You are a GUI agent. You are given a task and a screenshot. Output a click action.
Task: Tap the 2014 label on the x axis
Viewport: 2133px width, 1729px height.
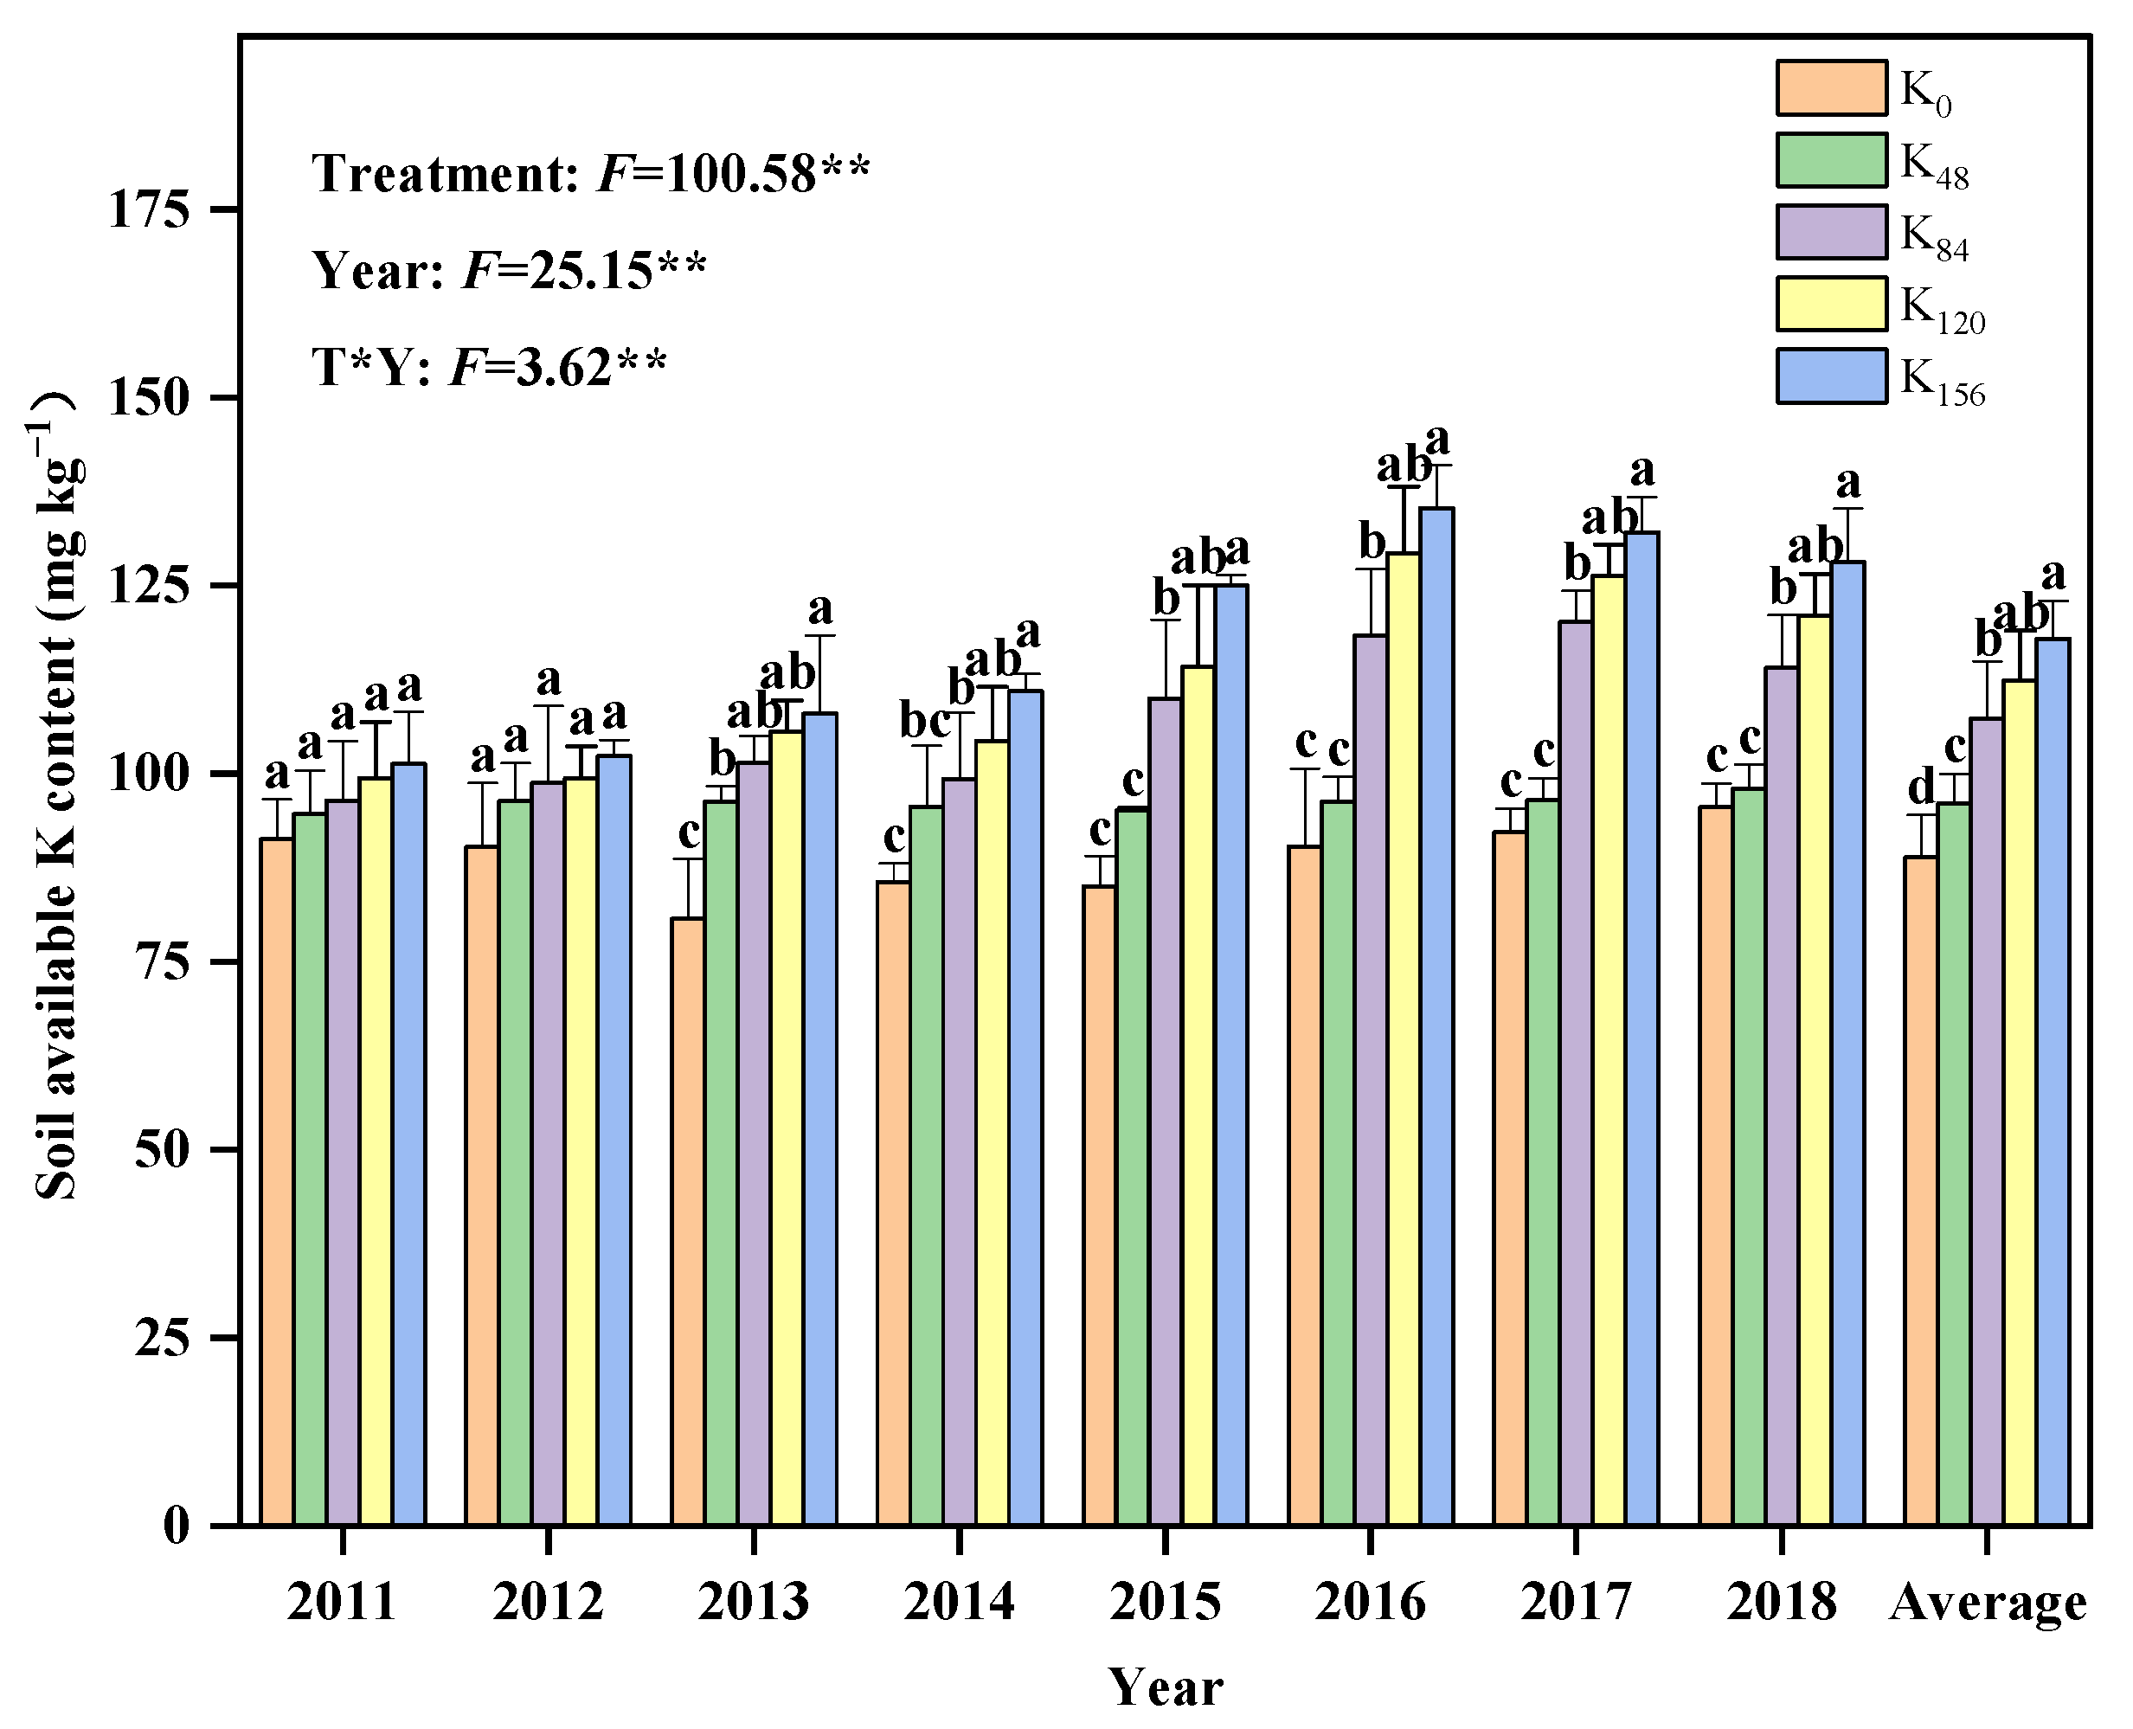(x=959, y=1603)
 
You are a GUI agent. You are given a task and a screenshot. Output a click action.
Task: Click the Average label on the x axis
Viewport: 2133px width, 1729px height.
(x=1988, y=1603)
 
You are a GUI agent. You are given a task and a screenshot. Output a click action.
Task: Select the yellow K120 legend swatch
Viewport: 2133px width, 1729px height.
(x=1831, y=304)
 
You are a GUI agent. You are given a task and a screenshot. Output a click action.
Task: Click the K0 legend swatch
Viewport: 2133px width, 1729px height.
(x=1831, y=87)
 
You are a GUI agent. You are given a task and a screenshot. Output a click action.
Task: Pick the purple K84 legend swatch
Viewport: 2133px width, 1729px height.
(x=1831, y=231)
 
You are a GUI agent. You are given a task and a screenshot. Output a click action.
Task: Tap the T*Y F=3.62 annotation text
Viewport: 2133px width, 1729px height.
(x=489, y=367)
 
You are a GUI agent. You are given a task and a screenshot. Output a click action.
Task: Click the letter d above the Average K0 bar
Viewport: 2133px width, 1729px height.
(x=1921, y=789)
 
